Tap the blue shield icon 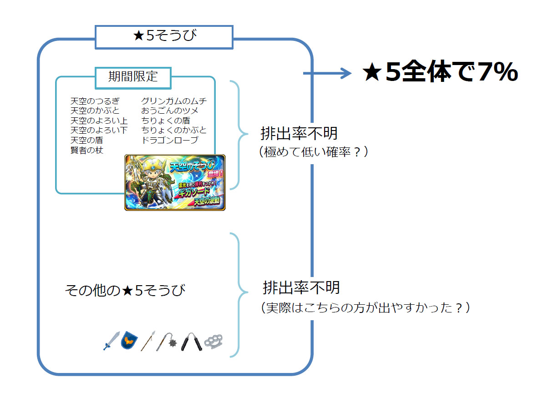click(x=129, y=341)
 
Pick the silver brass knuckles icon click(x=213, y=342)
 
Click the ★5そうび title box click(x=164, y=37)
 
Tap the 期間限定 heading click(x=133, y=76)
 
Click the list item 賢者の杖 click(x=87, y=150)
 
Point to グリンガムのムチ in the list click(x=174, y=101)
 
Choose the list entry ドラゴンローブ click(x=170, y=140)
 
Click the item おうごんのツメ click(x=170, y=111)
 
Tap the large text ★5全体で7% click(x=440, y=73)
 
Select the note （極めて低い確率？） click(x=313, y=152)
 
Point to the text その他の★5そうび click(x=125, y=290)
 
